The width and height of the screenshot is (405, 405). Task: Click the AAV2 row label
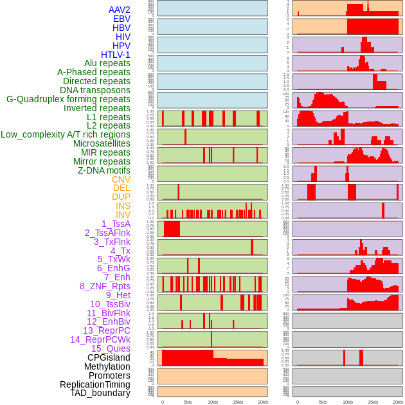click(x=120, y=10)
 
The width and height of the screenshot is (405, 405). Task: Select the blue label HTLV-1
click(x=116, y=55)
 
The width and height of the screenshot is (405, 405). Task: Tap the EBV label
click(x=122, y=19)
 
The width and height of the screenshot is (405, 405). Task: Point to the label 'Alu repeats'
click(x=107, y=63)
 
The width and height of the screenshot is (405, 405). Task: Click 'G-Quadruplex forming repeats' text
click(x=68, y=99)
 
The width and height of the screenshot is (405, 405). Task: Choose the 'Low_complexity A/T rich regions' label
click(x=66, y=134)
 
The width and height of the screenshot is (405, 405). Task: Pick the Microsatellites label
click(x=102, y=143)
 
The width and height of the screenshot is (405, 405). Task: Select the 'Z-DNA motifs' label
click(x=104, y=170)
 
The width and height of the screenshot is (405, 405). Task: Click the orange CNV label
click(x=121, y=179)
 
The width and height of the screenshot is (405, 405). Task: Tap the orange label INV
click(x=123, y=215)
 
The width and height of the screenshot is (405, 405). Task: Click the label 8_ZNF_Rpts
click(x=105, y=286)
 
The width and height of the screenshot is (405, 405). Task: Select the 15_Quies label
click(x=111, y=348)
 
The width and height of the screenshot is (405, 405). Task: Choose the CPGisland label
click(x=109, y=357)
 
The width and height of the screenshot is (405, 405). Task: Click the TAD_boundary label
click(x=100, y=393)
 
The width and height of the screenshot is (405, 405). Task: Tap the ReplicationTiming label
click(x=95, y=384)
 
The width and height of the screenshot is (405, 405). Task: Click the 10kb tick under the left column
click(x=212, y=402)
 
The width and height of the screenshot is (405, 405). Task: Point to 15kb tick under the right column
click(x=373, y=402)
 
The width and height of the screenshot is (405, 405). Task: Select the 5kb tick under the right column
click(x=323, y=402)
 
